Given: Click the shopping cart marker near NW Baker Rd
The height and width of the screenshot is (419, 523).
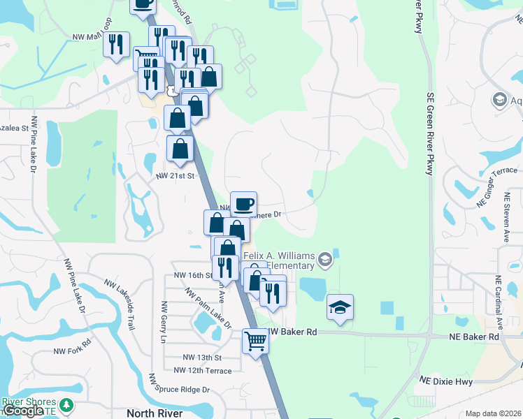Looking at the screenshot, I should [x=255, y=341].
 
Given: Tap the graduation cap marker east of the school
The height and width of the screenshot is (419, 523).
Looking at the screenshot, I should [x=340, y=308].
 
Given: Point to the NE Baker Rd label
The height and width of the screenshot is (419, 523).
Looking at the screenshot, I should [x=475, y=337].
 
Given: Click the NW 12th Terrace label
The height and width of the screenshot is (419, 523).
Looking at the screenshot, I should [x=202, y=370].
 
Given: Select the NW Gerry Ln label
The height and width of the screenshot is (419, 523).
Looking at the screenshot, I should [x=164, y=322].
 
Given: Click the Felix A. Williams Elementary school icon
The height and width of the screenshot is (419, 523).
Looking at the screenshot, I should [x=324, y=260].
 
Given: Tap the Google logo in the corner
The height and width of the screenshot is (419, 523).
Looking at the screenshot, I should [x=23, y=411].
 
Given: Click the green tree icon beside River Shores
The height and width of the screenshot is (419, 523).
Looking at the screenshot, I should [x=66, y=404].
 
